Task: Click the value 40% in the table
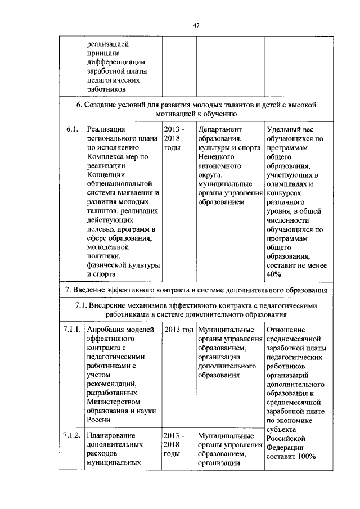coord(274,274)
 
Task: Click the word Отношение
coord(286,330)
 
